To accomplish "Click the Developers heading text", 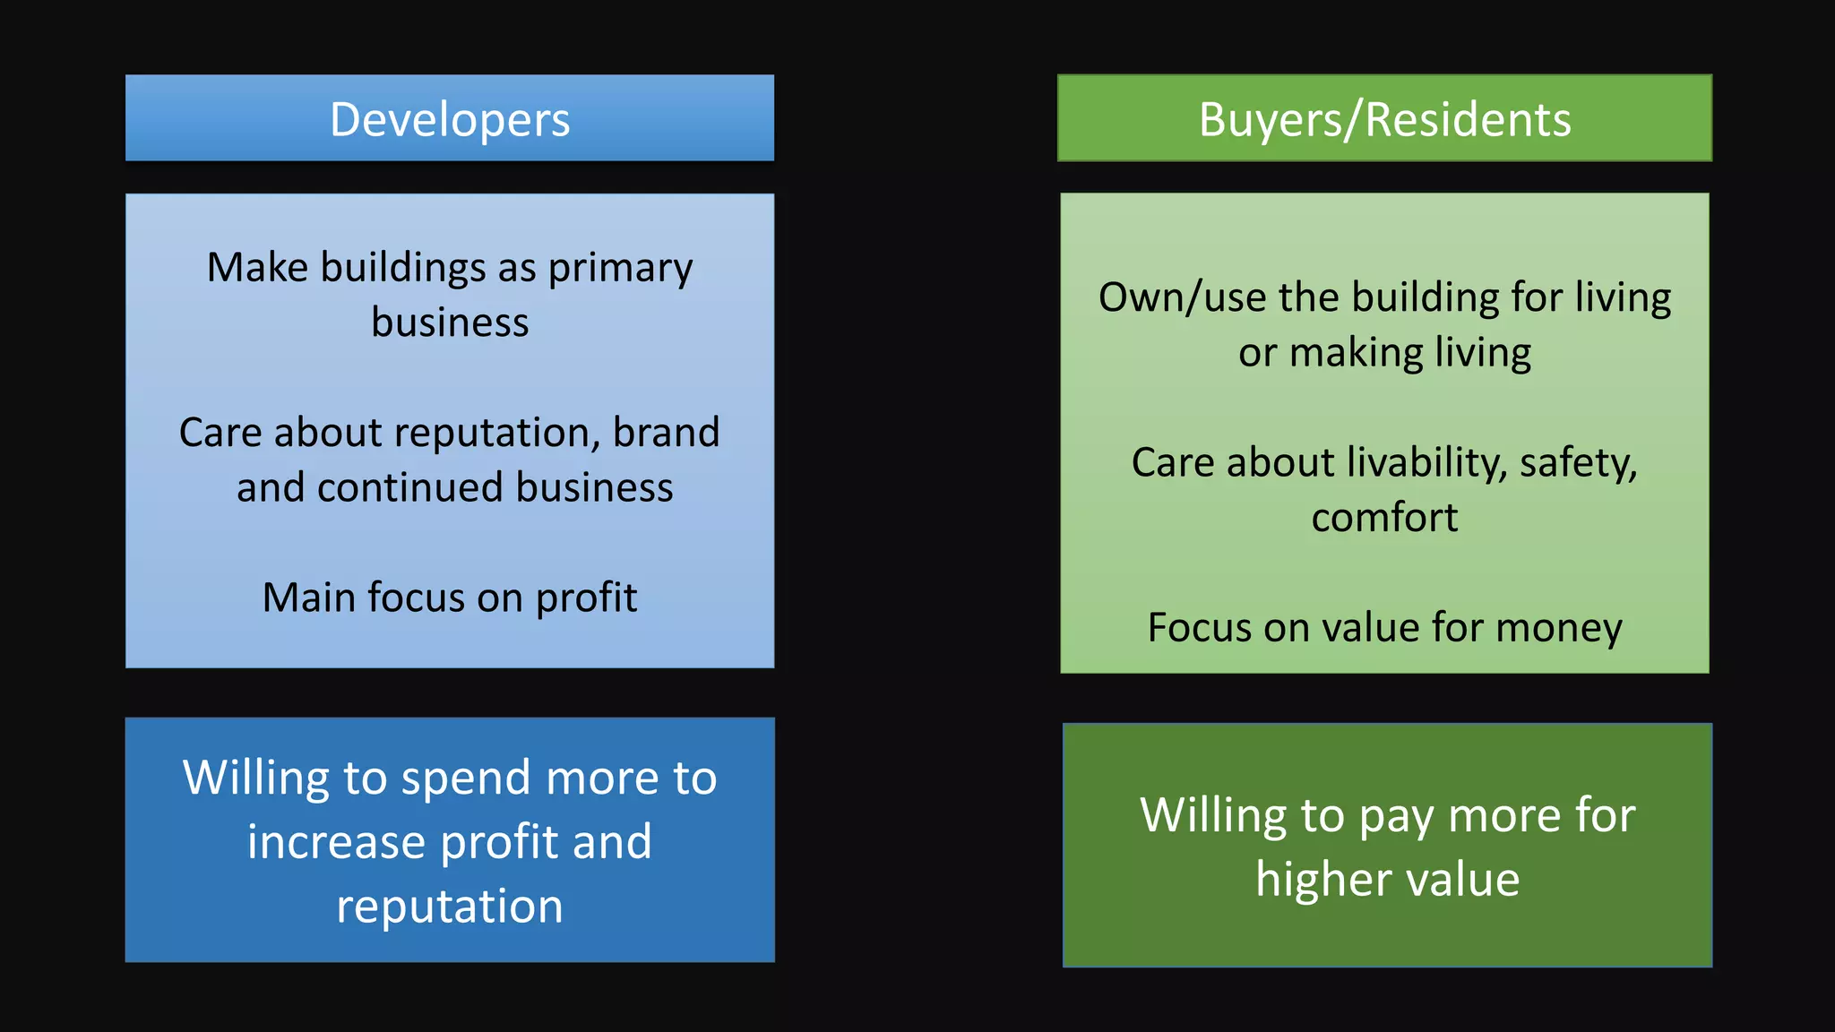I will [450, 120].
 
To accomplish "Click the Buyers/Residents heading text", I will [1384, 120].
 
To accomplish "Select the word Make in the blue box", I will [257, 267].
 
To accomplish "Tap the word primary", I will [620, 269].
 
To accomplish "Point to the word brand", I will [666, 433].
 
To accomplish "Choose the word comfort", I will [1384, 518].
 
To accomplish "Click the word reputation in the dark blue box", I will [450, 907].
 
